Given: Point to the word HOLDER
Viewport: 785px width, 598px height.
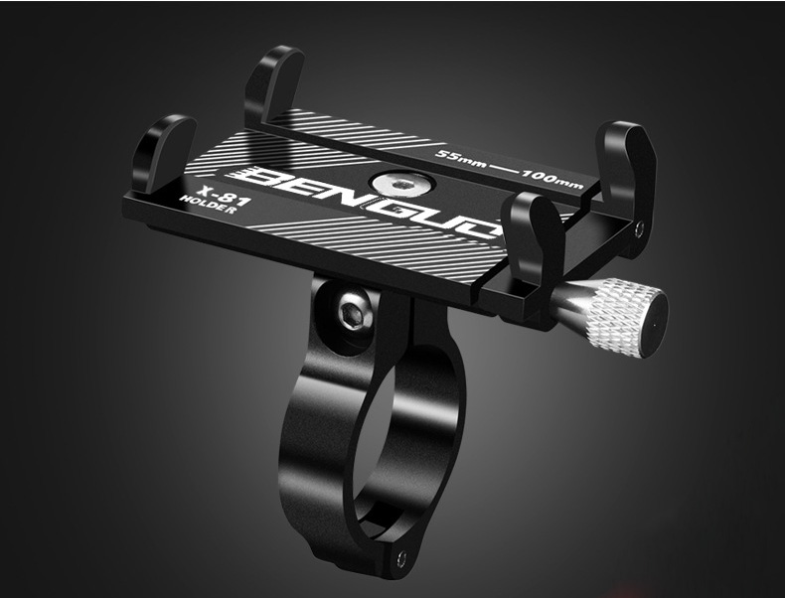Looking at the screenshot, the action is (x=208, y=206).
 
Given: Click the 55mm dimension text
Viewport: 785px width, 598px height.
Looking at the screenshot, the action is (x=460, y=158).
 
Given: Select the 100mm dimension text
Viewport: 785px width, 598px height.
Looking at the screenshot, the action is (x=552, y=179).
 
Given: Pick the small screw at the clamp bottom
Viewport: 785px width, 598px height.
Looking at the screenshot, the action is (x=400, y=559).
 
